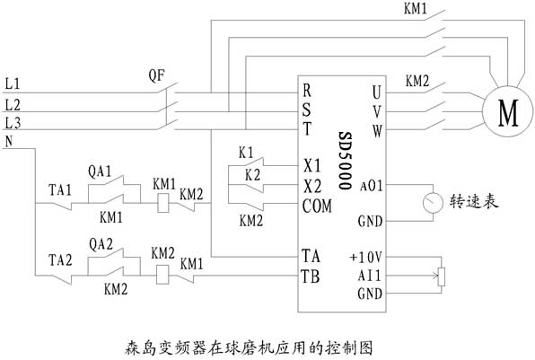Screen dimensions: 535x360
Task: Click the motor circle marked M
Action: [507, 111]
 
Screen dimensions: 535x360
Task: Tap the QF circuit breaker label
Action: [156, 75]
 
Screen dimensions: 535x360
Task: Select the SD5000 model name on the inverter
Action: [345, 161]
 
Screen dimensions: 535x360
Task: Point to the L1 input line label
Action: [13, 84]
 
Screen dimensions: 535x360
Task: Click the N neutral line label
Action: [9, 141]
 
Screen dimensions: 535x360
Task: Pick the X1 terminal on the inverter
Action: [312, 166]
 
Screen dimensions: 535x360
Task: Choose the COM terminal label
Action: [317, 206]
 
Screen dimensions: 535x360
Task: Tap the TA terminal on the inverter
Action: [311, 256]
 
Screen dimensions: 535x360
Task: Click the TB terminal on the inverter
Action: [311, 276]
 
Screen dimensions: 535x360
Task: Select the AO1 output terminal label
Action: [372, 187]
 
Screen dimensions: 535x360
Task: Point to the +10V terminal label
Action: [365, 258]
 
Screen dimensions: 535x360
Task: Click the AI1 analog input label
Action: [369, 276]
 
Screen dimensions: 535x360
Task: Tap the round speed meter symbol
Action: [433, 203]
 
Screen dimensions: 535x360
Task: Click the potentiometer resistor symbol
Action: [442, 277]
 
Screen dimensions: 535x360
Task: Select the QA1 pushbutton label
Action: [100, 171]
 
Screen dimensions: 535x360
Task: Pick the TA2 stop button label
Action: [60, 260]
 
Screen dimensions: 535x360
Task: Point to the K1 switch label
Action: [246, 153]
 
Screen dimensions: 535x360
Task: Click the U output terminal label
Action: [377, 92]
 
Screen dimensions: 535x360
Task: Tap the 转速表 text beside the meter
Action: [474, 202]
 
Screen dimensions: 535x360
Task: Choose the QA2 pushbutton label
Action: [101, 244]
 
